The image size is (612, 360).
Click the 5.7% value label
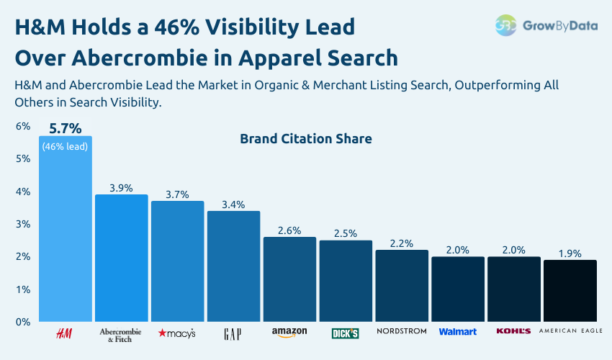65,129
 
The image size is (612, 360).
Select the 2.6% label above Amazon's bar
289,230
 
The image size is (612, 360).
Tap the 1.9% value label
570,253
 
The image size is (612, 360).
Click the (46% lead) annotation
65,146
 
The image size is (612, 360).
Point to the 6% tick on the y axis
23,127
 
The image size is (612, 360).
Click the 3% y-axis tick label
23,224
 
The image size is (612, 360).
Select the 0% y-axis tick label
23,322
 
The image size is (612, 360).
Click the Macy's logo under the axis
177,333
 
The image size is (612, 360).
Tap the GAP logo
233,333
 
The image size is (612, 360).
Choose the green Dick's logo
345,333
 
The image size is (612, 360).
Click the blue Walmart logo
458,332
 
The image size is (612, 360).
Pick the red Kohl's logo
513,331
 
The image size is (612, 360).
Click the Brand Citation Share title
305,138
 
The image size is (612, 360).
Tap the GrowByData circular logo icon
505,25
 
